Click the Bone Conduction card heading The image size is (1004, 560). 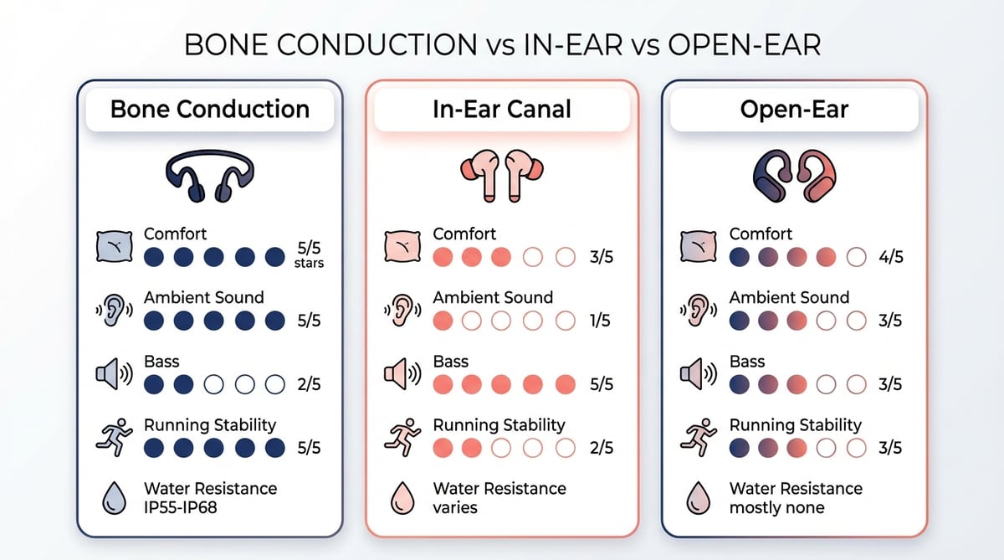[210, 110]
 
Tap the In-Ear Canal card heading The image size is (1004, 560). [502, 110]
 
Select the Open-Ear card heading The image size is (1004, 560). [794, 110]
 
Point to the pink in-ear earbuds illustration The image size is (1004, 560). [502, 176]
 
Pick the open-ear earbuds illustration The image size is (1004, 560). [794, 176]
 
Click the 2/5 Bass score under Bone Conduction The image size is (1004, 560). [309, 385]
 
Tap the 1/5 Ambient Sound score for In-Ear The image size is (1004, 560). [600, 321]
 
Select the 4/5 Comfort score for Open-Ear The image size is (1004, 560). [890, 257]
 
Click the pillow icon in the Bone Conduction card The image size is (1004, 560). [115, 246]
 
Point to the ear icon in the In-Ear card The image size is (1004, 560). [402, 310]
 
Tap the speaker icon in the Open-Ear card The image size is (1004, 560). [699, 373]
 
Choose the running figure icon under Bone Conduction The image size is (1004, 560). [115, 438]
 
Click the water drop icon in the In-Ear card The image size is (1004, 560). [402, 498]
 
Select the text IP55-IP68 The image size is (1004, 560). [180, 507]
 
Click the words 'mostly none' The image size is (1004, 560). [776, 508]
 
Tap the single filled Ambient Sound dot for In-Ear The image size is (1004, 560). [443, 321]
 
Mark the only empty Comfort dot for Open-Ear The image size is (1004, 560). [856, 257]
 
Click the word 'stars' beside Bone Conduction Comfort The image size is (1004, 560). [309, 263]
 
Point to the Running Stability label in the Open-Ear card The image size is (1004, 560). [796, 425]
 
